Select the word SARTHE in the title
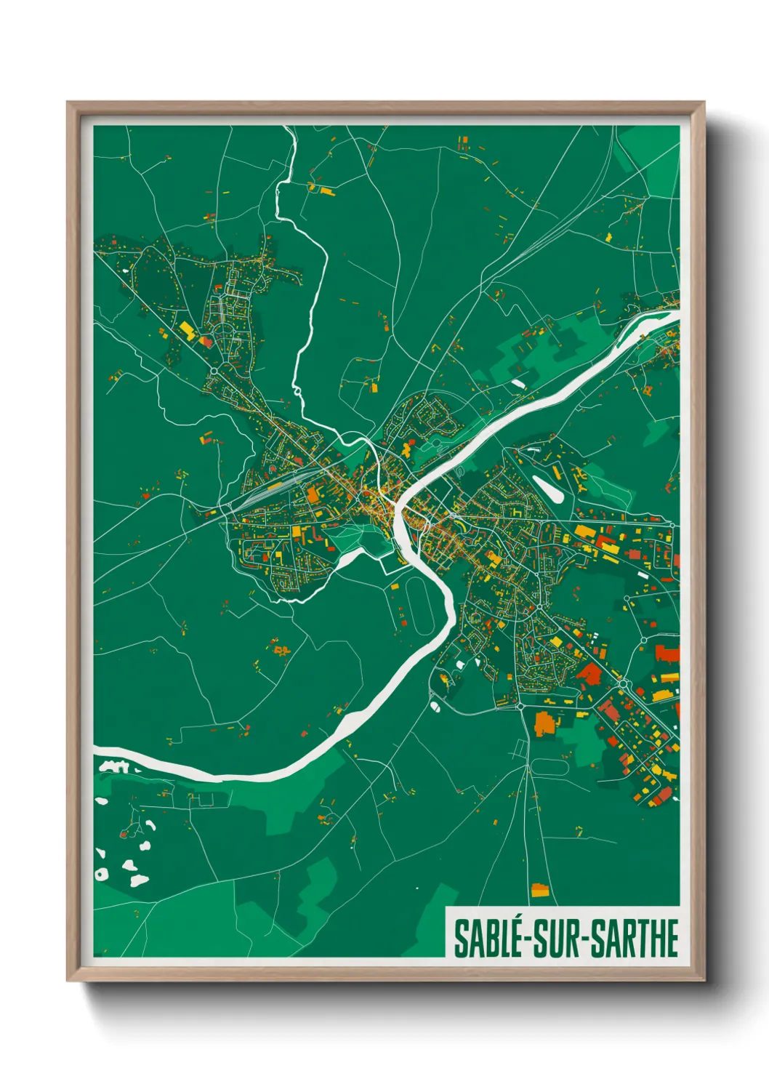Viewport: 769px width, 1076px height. click(634, 939)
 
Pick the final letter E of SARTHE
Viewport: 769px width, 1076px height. click(672, 939)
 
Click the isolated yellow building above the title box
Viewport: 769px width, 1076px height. click(539, 890)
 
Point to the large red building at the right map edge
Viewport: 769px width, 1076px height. click(667, 652)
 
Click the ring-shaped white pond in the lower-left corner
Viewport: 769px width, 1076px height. click(102, 874)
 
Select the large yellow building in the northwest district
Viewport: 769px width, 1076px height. click(187, 332)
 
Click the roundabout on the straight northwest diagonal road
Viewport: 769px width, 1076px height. click(215, 372)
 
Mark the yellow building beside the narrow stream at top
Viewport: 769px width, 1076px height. click(324, 191)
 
